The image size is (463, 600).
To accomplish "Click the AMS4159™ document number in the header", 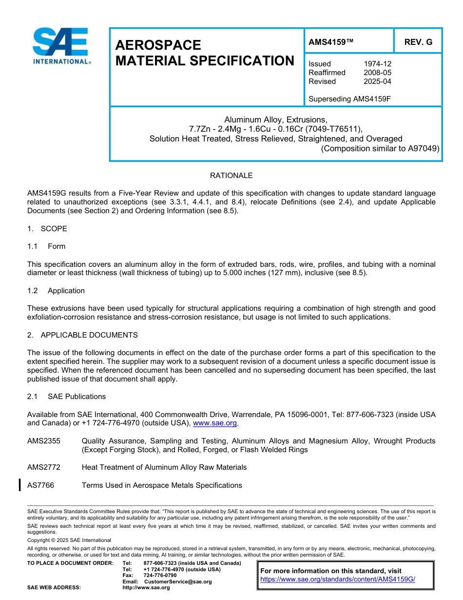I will coord(331,42).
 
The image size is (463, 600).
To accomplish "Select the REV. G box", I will coord(418,42).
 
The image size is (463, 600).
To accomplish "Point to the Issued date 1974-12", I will coord(377,64).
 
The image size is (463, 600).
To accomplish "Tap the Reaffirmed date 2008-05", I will coord(377,73).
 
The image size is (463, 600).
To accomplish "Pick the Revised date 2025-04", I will coord(377,81).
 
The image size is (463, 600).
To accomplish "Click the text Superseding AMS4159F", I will coord(350,99).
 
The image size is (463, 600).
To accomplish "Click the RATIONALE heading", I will coord(231,176).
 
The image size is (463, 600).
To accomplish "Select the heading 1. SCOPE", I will coord(47,229).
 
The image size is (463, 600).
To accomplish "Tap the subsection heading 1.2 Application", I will coord(56,291).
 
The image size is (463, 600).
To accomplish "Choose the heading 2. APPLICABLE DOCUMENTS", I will coord(82,335).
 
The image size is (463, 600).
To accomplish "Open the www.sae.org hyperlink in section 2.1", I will coord(214,423).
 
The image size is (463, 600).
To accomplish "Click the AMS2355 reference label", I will coord(44,441).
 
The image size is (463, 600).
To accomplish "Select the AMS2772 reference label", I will coord(44,467).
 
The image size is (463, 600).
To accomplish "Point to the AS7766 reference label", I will coord(41,485).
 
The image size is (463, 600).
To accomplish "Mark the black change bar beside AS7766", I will coord(19,485).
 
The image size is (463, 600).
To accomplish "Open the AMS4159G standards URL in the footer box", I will coord(337,580).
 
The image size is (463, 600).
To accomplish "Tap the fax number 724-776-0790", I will coord(160,576).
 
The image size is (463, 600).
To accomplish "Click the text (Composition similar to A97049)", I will coord(380,148).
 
